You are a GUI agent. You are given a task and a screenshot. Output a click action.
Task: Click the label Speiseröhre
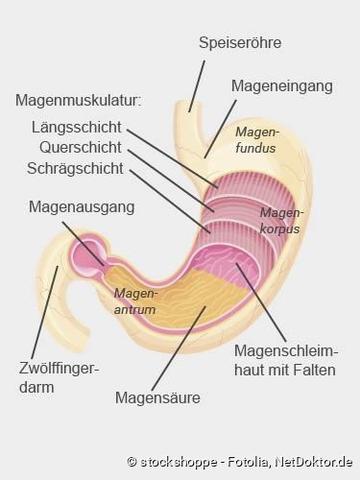240,43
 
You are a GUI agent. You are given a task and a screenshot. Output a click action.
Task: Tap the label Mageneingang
282,86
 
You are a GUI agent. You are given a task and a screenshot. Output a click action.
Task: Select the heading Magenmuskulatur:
79,101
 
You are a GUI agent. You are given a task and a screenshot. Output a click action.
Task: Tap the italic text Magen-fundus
255,139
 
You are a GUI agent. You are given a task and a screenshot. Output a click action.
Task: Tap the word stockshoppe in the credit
176,461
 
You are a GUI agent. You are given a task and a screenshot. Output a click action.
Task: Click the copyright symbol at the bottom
132,461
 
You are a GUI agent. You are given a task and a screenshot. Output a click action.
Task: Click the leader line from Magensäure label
184,346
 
